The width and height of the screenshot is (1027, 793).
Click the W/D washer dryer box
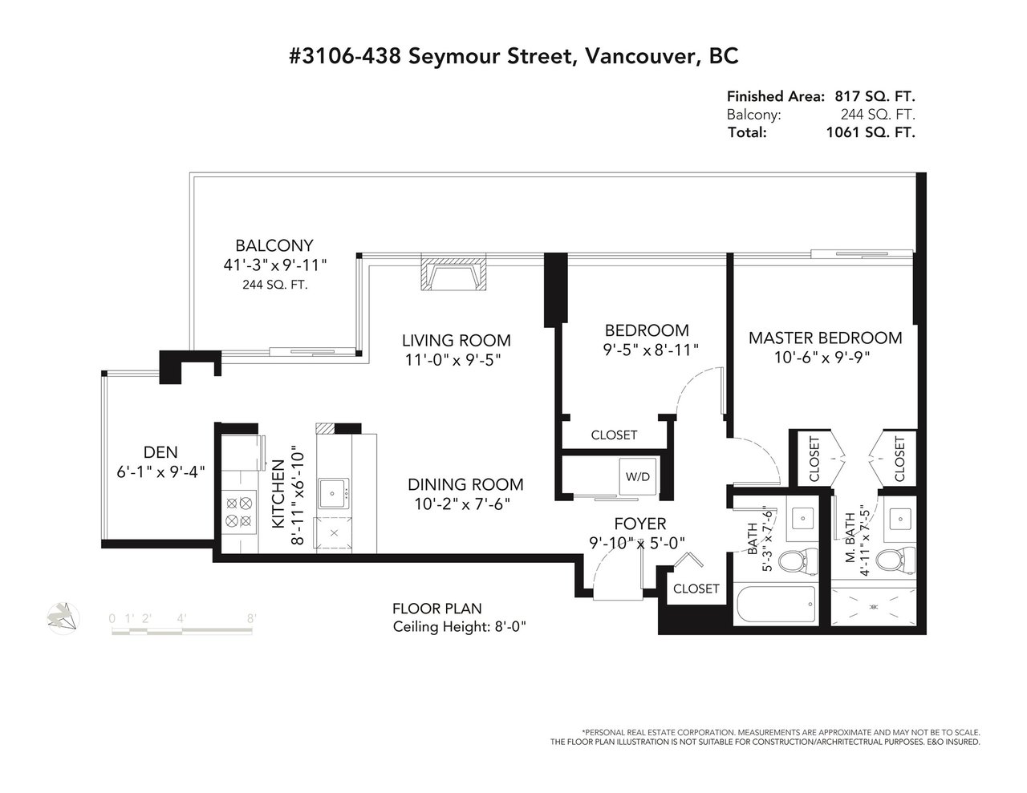pyautogui.click(x=638, y=476)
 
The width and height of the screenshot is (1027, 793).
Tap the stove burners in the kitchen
pyautogui.click(x=238, y=512)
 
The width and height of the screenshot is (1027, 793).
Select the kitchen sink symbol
pyautogui.click(x=334, y=494)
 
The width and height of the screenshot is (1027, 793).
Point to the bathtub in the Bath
pyautogui.click(x=776, y=604)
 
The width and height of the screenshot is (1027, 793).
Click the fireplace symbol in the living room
pyautogui.click(x=453, y=273)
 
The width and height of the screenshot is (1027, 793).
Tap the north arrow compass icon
pyautogui.click(x=63, y=618)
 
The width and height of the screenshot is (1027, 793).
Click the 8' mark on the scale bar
pyautogui.click(x=251, y=618)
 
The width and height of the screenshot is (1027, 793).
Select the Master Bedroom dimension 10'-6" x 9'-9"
pyautogui.click(x=822, y=358)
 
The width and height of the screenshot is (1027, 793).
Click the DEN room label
pyautogui.click(x=160, y=452)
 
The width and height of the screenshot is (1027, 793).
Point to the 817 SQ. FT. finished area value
pyautogui.click(x=875, y=96)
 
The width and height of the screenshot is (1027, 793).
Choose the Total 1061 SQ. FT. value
pyautogui.click(x=871, y=132)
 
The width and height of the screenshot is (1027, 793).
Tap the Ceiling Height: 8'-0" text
pyautogui.click(x=460, y=627)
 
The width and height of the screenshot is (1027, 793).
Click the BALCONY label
pyautogui.click(x=274, y=245)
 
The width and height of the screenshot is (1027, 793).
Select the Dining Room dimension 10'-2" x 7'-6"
pyautogui.click(x=462, y=504)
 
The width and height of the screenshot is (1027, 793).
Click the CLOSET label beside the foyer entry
pyautogui.click(x=696, y=589)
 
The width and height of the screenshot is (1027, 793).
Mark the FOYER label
pyautogui.click(x=640, y=524)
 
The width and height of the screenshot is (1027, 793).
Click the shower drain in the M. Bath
pyautogui.click(x=874, y=606)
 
